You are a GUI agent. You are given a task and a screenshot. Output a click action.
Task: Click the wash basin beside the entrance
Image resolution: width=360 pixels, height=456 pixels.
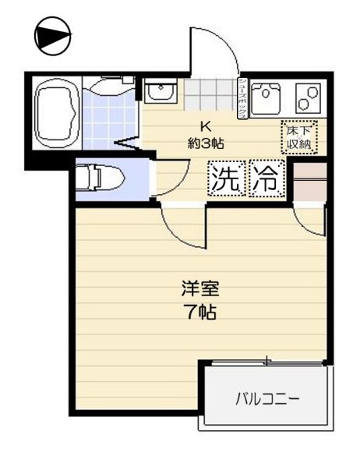(x=162, y=90)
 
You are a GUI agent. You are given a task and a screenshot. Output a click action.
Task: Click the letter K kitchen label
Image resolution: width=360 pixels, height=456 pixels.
(x=206, y=126)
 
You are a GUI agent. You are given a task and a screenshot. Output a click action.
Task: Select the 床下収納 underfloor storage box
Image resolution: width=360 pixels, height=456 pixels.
(x=299, y=137)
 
